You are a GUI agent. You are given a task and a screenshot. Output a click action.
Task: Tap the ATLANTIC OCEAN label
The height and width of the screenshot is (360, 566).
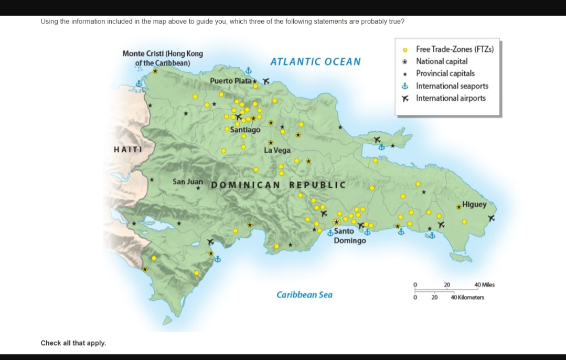(x=315, y=62)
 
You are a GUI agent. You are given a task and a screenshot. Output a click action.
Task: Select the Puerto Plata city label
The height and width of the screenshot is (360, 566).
(x=230, y=81)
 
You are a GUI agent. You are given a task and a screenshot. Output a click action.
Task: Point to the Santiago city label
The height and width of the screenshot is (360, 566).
(x=245, y=130)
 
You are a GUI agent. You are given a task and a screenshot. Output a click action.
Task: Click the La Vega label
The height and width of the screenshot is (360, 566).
(x=277, y=151)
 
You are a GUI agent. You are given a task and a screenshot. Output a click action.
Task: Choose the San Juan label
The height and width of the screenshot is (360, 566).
(x=187, y=182)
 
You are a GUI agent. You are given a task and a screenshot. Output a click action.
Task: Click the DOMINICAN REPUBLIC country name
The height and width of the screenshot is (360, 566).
(x=278, y=185)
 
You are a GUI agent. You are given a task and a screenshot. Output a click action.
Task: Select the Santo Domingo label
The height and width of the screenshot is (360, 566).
(x=349, y=236)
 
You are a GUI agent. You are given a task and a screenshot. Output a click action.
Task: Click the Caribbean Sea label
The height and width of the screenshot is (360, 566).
(x=304, y=295)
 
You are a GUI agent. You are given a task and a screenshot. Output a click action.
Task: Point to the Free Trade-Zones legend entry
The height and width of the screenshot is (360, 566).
(x=454, y=49)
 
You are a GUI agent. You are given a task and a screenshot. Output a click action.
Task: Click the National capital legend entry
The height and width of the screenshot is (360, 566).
(x=442, y=61)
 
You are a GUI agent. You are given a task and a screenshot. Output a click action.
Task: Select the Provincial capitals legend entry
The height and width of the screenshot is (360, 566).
(x=445, y=73)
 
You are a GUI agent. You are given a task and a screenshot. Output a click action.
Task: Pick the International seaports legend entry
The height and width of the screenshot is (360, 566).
(x=452, y=86)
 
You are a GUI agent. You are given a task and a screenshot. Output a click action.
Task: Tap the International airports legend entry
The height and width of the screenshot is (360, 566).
(x=451, y=98)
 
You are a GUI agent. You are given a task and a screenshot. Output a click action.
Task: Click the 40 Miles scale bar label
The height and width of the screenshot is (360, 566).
(x=484, y=285)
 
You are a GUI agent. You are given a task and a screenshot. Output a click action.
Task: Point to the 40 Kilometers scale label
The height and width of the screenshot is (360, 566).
(x=467, y=298)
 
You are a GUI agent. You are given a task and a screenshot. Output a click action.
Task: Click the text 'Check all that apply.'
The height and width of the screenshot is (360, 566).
(x=73, y=343)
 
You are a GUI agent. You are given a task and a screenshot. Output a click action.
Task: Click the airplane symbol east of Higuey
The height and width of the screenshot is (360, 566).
(x=492, y=218)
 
